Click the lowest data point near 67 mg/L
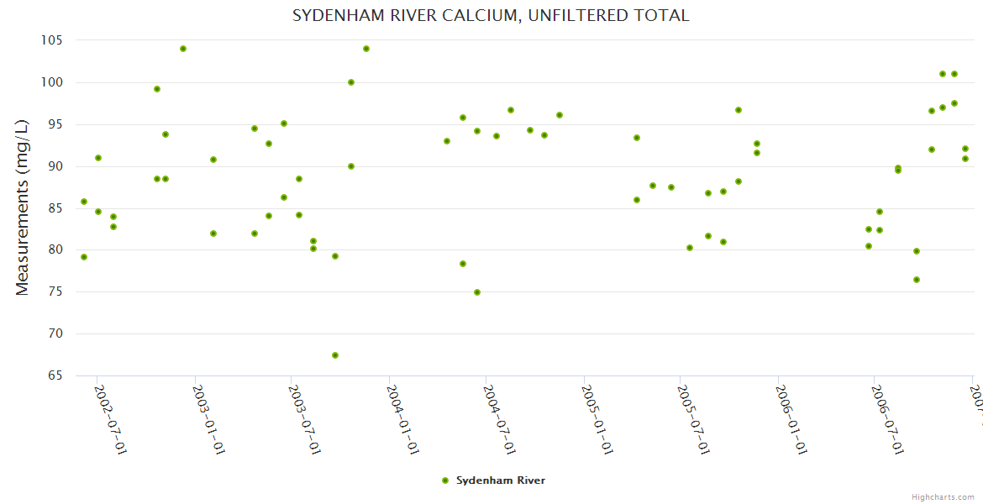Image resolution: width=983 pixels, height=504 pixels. click(335, 355)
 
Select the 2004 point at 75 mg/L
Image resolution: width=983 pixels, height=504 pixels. click(477, 292)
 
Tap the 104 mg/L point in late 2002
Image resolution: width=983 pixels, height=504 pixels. click(183, 49)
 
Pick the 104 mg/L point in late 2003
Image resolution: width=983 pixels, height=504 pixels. click(366, 49)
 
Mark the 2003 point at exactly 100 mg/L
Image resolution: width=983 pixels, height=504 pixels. click(351, 82)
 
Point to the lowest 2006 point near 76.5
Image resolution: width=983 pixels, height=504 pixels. click(917, 280)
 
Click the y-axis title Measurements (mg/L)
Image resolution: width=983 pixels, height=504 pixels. click(23, 207)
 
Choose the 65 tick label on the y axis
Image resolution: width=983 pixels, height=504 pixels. click(55, 375)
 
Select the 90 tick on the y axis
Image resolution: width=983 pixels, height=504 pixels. click(55, 166)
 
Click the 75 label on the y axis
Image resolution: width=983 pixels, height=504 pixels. click(55, 292)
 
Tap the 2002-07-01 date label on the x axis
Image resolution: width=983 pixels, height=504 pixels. click(110, 419)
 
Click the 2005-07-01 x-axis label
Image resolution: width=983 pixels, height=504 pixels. click(694, 419)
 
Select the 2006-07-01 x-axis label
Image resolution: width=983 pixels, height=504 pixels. click(887, 419)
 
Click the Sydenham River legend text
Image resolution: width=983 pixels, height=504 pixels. click(501, 480)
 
